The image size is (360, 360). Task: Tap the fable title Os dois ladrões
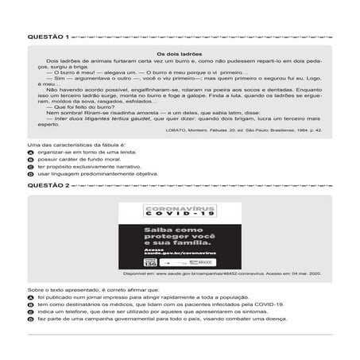(180, 53)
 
